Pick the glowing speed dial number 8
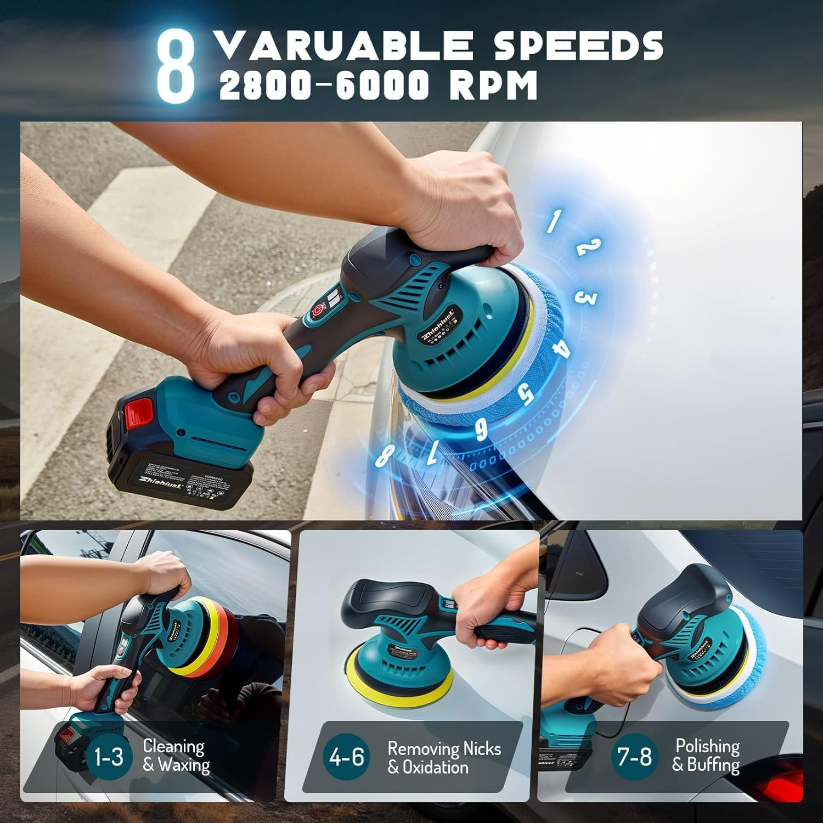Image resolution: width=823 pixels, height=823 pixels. click(386, 455)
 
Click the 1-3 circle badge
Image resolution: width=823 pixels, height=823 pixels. click(109, 757)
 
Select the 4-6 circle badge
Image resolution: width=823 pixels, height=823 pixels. click(346, 757)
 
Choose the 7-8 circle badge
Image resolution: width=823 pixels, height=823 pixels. click(634, 757)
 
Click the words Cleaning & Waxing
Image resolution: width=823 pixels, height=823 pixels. click(176, 756)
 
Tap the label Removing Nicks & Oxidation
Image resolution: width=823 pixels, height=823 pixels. click(443, 757)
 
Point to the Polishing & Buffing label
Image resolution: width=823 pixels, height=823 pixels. click(707, 755)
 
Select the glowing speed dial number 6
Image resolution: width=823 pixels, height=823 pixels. click(481, 430)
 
